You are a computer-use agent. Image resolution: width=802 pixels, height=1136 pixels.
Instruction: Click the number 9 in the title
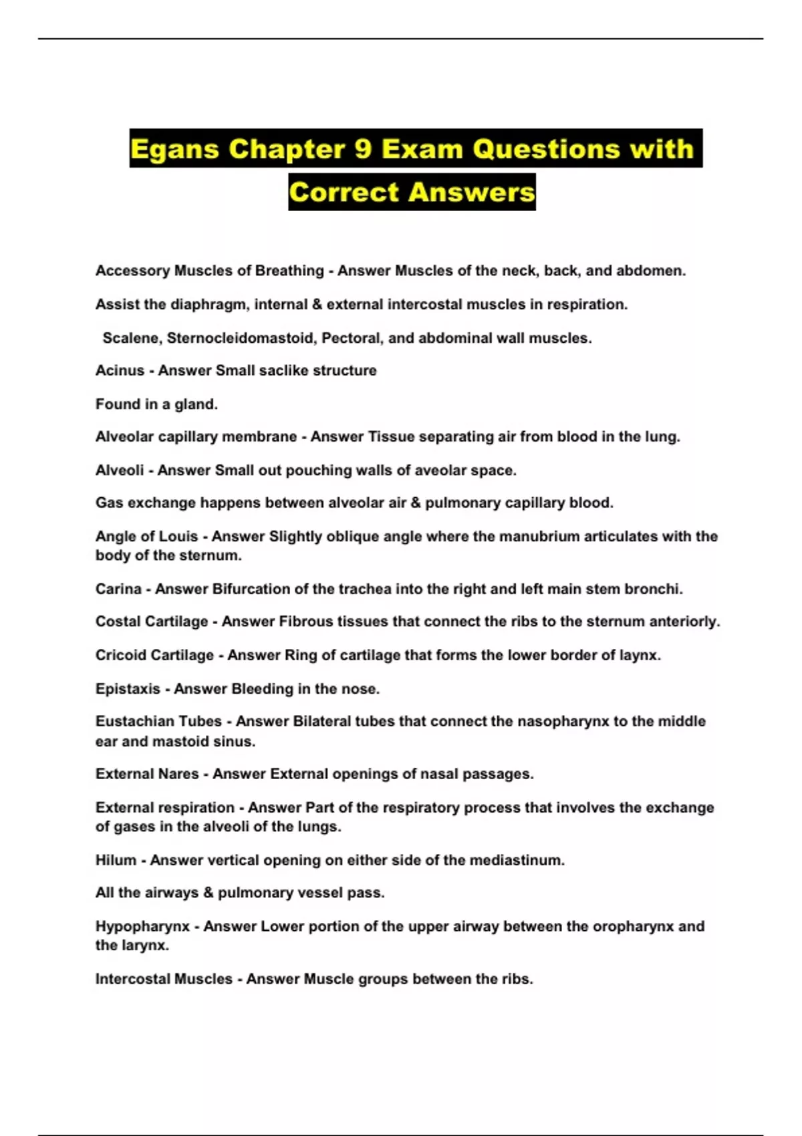[363, 148]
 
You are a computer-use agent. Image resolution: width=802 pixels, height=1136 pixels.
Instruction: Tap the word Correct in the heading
[344, 192]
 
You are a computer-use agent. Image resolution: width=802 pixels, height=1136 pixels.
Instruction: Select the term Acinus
[120, 370]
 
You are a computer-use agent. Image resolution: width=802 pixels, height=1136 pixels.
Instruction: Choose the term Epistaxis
[128, 688]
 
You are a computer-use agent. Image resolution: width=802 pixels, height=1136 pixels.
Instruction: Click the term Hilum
[116, 860]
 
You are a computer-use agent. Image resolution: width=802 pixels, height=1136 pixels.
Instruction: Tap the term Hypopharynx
[142, 926]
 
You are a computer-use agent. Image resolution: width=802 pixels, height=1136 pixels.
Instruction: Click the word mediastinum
[516, 860]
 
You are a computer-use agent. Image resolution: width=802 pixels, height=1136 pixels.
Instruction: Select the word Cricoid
[121, 655]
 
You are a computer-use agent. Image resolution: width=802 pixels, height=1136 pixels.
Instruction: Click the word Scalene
[130, 338]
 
